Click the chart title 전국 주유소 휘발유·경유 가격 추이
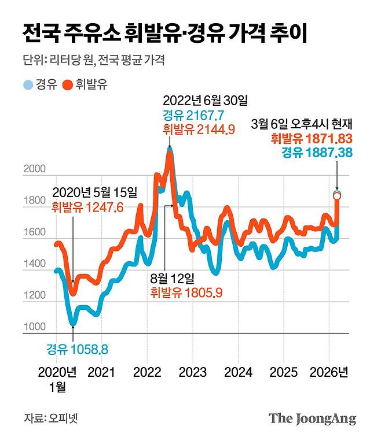[x=164, y=34]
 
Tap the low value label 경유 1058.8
[x=78, y=349]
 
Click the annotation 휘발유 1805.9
[x=186, y=292]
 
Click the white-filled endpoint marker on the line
[x=337, y=196]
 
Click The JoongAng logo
[x=312, y=418]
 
